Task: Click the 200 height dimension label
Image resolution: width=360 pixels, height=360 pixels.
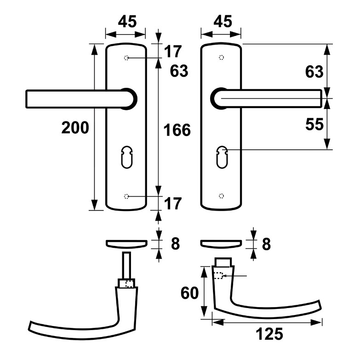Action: [75, 128]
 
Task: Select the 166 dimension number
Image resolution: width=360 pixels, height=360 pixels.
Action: [177, 130]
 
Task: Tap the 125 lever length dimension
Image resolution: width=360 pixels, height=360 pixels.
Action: [269, 334]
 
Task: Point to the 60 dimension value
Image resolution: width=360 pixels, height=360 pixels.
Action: [189, 293]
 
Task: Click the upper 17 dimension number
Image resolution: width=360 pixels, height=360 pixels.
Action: [173, 51]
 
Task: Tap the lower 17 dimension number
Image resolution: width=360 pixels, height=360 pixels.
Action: [173, 203]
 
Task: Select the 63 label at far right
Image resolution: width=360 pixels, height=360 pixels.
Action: [314, 72]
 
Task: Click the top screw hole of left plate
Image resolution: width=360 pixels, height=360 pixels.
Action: [126, 58]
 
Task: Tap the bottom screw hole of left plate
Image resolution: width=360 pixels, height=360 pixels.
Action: [126, 196]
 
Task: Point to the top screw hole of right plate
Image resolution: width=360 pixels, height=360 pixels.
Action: [222, 58]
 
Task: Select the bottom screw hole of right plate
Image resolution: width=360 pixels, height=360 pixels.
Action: [222, 196]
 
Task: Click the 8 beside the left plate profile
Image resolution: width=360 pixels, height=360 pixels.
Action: [175, 243]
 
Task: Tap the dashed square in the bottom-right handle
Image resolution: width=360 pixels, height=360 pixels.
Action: [219, 276]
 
